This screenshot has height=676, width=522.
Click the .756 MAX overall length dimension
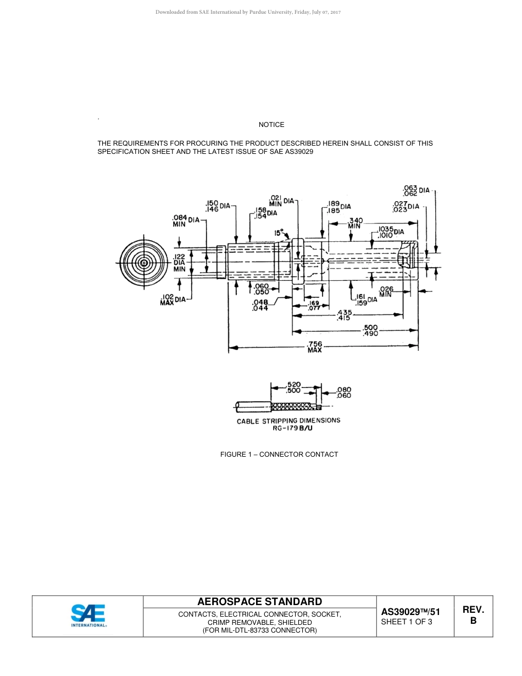[314, 347]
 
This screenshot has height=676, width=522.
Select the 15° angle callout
[279, 232]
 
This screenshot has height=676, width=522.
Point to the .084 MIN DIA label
[186, 220]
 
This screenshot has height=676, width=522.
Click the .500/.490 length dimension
[370, 330]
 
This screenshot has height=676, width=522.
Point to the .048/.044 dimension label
[260, 305]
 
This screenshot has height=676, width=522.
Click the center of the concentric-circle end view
[144, 263]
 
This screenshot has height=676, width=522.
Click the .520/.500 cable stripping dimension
[293, 387]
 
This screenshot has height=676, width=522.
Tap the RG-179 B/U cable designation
[292, 428]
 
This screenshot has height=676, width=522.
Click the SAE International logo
[88, 616]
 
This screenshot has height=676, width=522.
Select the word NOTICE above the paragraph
[271, 125]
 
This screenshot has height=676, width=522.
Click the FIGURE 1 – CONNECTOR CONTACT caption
[279, 454]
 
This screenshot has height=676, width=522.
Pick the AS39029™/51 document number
[410, 612]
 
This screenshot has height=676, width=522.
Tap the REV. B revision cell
[473, 616]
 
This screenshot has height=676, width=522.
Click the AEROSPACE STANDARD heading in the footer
[259, 601]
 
